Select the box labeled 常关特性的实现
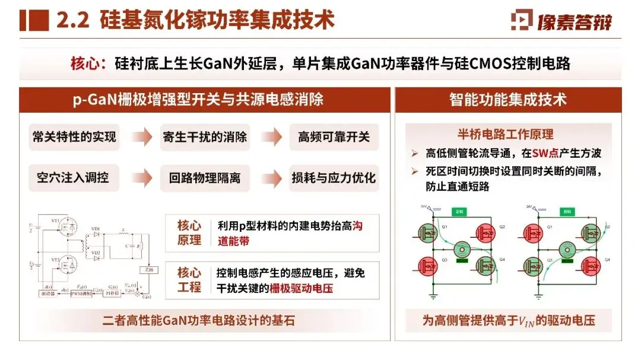pos(74,137)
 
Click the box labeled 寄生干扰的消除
pos(205,137)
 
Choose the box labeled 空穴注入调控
pos(74,177)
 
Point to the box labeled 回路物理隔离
pos(205,177)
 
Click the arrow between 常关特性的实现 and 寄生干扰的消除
pos(141,138)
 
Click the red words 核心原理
pos(189,233)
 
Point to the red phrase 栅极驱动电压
pos(301,289)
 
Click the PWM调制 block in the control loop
pos(82,294)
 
